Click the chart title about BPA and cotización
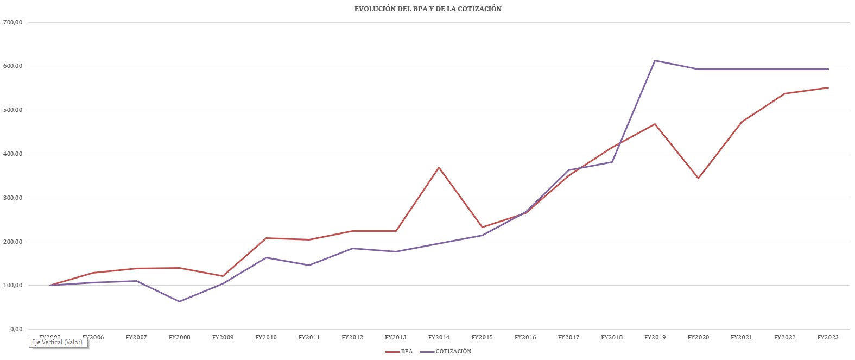point(428,9)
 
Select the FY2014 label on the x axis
point(439,337)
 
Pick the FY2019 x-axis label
point(655,337)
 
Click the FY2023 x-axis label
point(828,337)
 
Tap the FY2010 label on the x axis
point(265,337)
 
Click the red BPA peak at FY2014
point(439,167)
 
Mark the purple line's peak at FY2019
point(655,60)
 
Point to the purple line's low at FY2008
point(179,301)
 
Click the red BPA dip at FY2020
point(698,178)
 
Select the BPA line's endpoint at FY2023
point(828,87)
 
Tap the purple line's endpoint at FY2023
point(828,69)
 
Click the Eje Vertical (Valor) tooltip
point(58,342)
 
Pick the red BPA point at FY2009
point(223,276)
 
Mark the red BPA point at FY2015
point(482,227)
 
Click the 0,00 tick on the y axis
point(14,329)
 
